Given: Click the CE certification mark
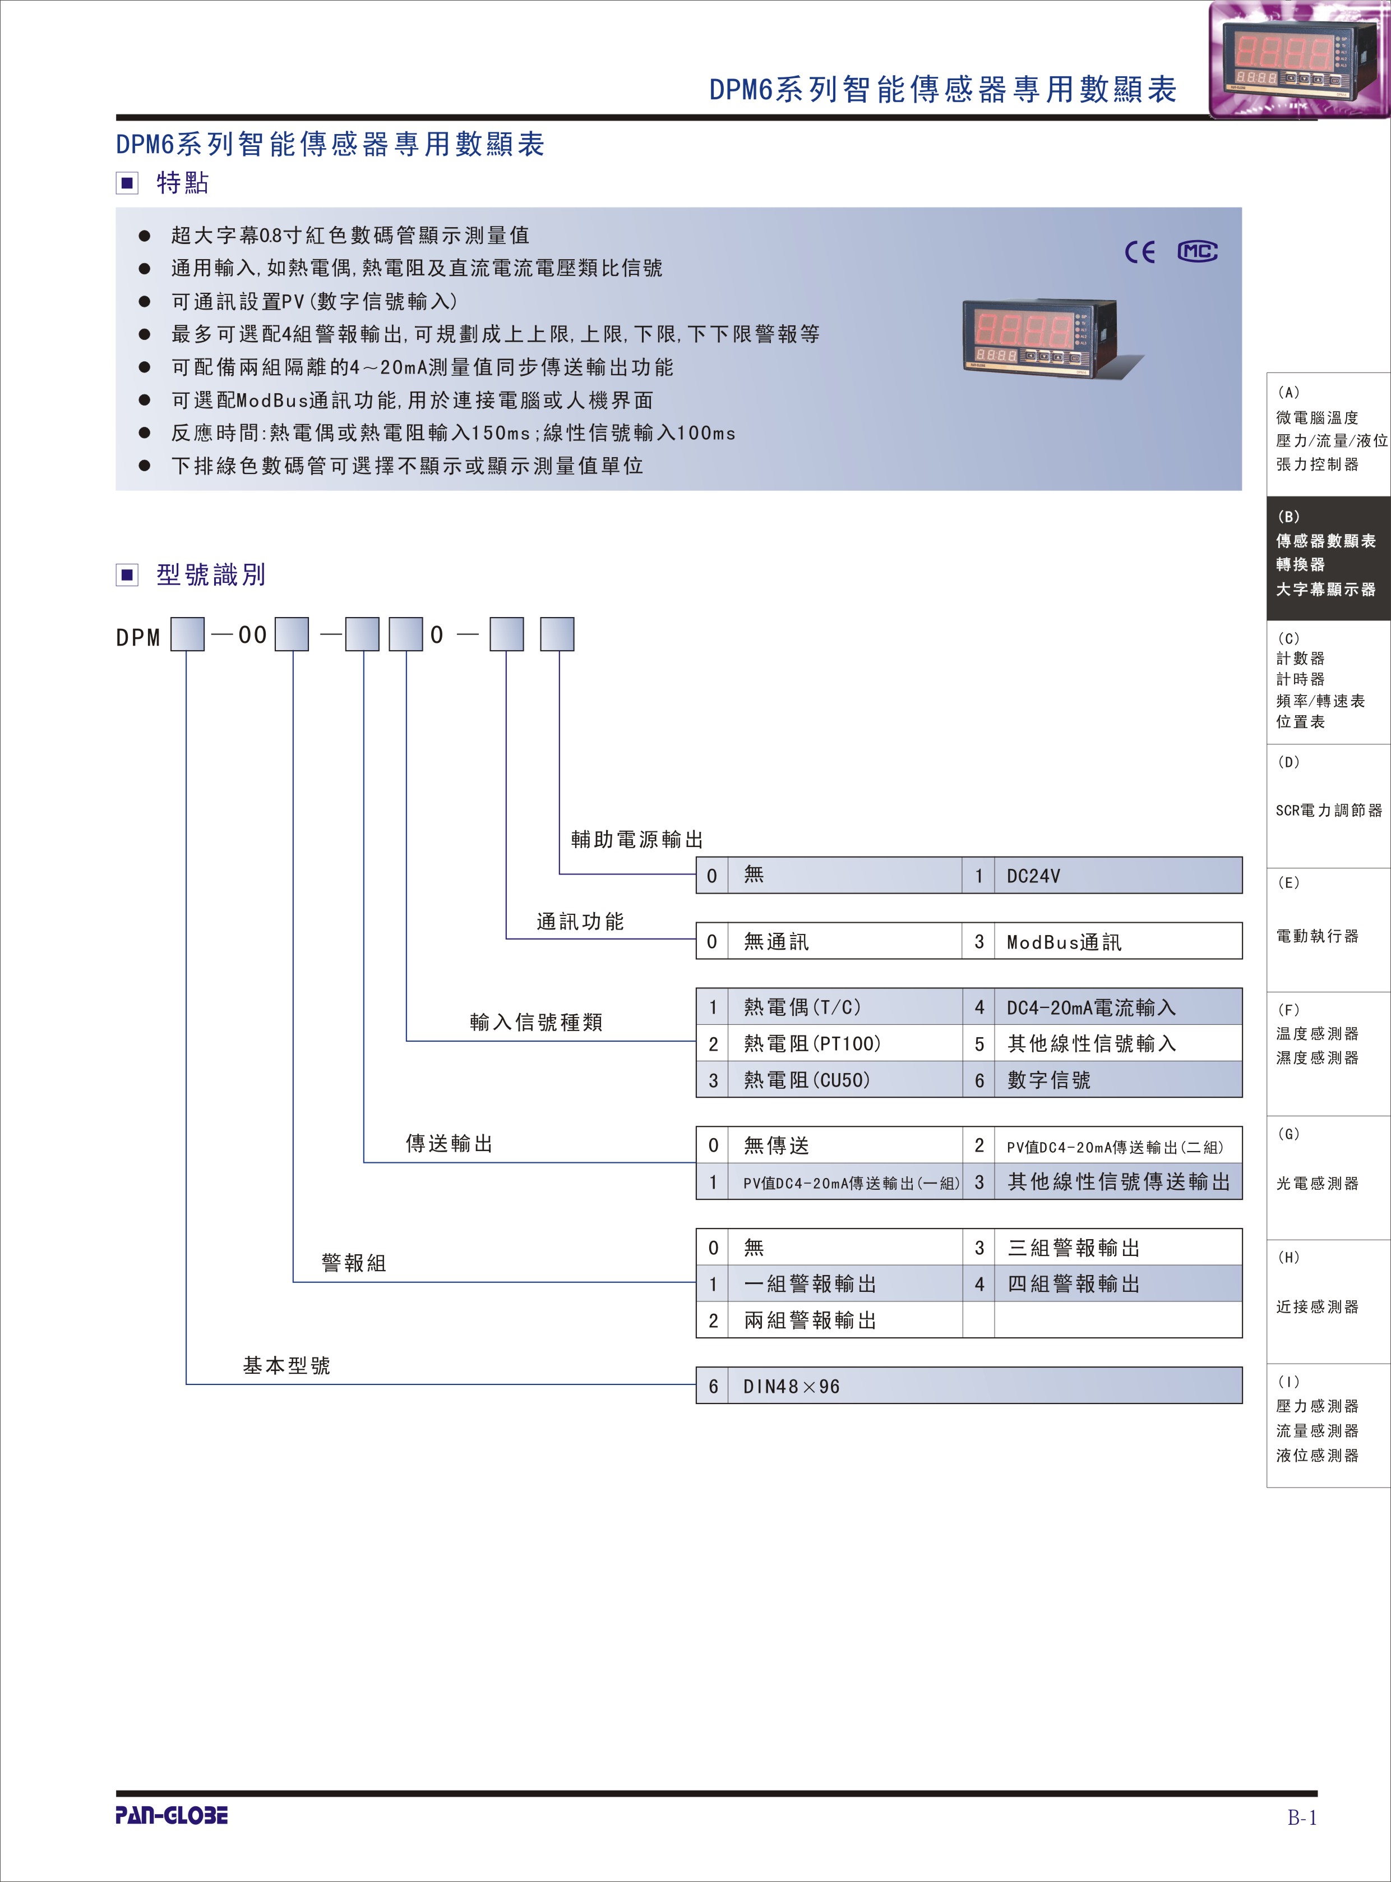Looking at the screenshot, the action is click(1140, 252).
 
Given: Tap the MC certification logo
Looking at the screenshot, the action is click(1196, 251).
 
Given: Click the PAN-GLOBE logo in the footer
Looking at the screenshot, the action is click(172, 1815).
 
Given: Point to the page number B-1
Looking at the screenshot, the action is click(1302, 1817).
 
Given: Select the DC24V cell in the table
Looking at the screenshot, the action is click(1117, 875).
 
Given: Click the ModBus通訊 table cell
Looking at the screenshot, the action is click(1117, 941).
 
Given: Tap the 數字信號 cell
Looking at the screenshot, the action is click(1117, 1080).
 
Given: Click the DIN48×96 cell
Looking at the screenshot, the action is click(985, 1386).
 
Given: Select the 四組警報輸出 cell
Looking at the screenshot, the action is click(1117, 1284).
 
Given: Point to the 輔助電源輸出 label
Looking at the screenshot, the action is click(636, 839).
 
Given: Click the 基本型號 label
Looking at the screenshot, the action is click(286, 1365).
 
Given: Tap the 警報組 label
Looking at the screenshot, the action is click(354, 1263).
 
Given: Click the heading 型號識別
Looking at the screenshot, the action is click(211, 574).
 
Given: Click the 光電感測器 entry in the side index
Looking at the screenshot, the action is click(1317, 1183).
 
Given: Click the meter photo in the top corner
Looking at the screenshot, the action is click(1297, 59).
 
